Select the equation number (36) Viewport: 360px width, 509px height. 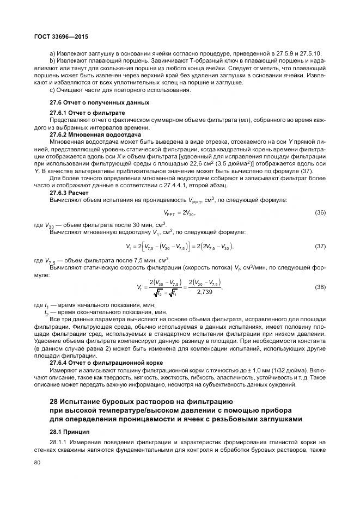[320, 212]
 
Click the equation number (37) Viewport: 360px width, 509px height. [320, 247]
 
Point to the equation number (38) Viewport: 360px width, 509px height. [320, 286]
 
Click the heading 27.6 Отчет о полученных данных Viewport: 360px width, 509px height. [91, 102]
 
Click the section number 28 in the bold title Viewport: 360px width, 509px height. [54, 402]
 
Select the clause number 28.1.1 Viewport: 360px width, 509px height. [58, 442]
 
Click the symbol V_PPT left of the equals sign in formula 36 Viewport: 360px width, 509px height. [171, 213]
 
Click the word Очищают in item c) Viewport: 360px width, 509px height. [69, 90]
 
